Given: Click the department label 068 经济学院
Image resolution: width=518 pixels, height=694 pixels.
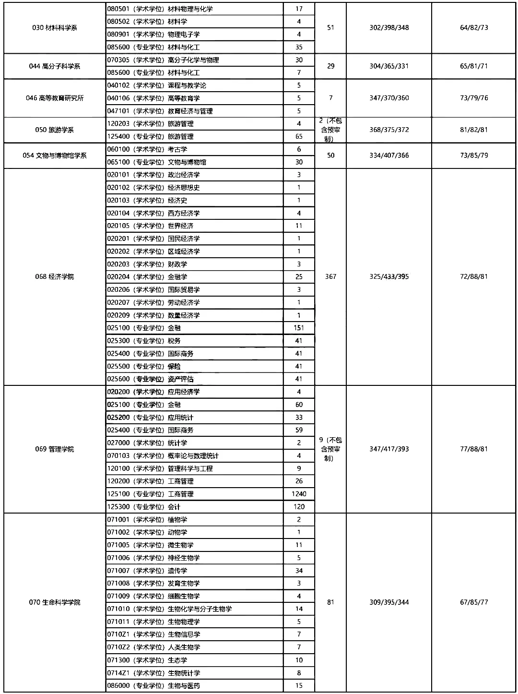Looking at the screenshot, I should click(54, 277).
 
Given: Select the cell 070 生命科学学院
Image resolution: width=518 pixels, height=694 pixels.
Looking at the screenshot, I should click(54, 602).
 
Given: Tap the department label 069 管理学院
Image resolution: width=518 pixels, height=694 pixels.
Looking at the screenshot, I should click(54, 449).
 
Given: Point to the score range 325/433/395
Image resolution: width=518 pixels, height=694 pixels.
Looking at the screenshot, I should click(389, 277).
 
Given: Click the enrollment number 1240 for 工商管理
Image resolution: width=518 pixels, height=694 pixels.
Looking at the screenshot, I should click(299, 494).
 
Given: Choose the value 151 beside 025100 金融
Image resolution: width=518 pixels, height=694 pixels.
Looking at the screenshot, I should click(299, 328).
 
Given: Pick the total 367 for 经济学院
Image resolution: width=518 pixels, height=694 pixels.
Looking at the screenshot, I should click(330, 277).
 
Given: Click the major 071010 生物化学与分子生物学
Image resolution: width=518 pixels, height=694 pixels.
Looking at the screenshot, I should click(169, 609).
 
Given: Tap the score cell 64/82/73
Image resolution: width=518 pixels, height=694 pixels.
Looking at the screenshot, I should click(474, 28).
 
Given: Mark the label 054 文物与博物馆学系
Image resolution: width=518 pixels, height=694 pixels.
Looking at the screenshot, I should click(54, 156).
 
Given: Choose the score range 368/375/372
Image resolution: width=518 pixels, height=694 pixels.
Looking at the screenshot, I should click(389, 130).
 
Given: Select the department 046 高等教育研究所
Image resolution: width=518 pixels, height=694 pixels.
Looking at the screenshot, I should click(54, 98).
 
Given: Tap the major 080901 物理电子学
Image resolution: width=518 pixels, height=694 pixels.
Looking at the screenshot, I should click(153, 35).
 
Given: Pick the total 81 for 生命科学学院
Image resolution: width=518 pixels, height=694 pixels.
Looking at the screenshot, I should click(330, 602).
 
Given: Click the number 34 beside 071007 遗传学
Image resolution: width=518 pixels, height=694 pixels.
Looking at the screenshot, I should click(299, 571).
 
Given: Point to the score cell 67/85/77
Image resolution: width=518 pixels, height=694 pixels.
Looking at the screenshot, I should click(474, 602).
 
